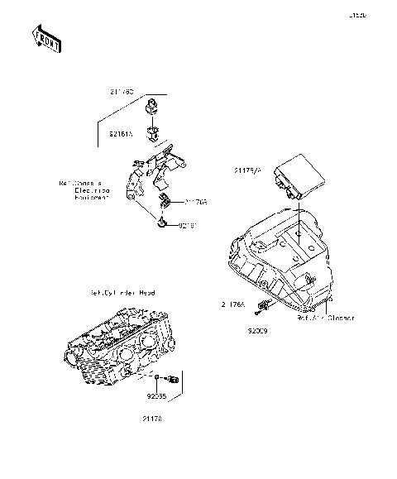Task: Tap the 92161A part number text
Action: coord(122,131)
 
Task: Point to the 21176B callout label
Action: coord(196,201)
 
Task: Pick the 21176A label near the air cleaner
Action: coord(234,304)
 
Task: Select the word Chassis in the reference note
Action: coord(81,184)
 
